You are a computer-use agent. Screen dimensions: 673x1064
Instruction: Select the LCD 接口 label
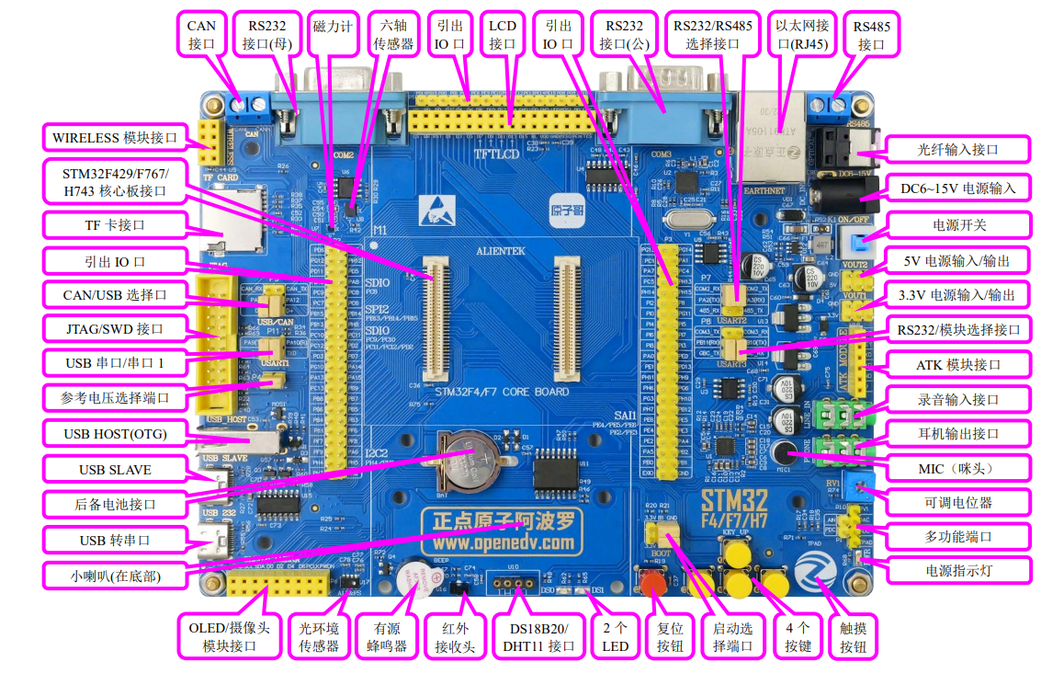coord(503,34)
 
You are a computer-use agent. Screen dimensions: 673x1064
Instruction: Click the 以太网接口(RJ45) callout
coord(802,34)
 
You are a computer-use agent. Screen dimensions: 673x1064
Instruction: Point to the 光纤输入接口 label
coord(958,149)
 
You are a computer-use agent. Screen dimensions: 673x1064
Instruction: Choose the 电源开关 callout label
coord(958,224)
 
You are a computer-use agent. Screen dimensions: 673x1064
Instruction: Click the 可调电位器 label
coord(958,503)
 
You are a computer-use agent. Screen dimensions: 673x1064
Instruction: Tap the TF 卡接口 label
coord(108,225)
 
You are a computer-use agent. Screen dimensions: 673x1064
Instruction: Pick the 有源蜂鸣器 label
coord(387,636)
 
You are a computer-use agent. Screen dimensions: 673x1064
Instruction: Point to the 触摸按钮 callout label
coord(853,636)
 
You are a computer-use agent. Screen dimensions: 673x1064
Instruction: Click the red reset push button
coord(652,585)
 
